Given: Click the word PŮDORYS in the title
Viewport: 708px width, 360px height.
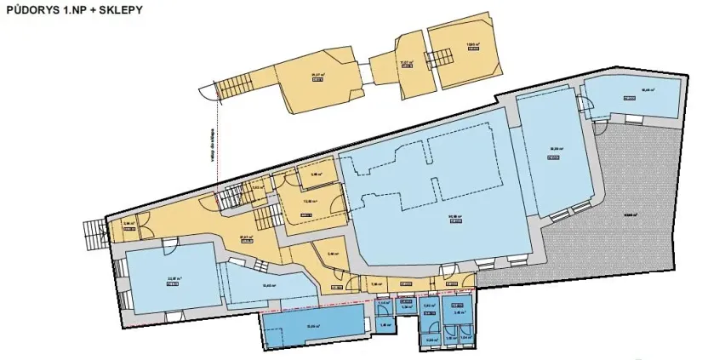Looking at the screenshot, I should (31, 11).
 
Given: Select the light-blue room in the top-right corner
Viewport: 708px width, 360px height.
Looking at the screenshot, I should (634, 95).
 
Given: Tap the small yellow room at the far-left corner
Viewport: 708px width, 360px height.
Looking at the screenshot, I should (129, 227).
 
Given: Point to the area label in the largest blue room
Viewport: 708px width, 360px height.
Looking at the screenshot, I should (442, 217).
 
